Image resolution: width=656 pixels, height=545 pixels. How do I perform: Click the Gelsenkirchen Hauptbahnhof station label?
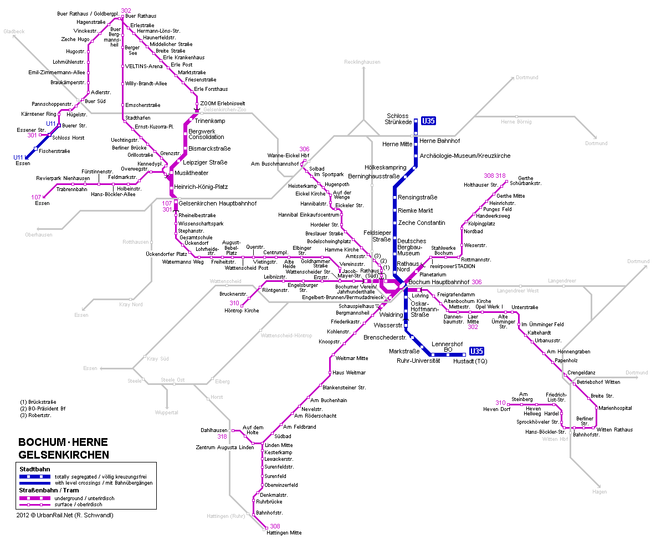[x=218, y=203]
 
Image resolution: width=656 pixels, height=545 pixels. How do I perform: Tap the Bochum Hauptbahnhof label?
[x=439, y=282]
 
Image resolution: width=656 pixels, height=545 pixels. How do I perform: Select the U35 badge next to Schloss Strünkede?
[x=428, y=121]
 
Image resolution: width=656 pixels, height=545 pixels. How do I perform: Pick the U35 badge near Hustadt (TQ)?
[x=476, y=351]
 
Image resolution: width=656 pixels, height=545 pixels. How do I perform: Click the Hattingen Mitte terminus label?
[x=284, y=533]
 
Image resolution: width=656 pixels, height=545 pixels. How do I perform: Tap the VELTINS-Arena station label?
[x=144, y=66]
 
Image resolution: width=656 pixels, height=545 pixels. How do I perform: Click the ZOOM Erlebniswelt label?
[x=222, y=104]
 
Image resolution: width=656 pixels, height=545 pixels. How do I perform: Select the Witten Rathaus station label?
[x=614, y=430]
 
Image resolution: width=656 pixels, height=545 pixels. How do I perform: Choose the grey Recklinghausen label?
[x=362, y=62]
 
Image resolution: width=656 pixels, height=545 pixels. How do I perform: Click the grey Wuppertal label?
[x=167, y=413]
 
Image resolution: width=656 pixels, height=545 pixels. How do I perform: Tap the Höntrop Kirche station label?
[x=242, y=311]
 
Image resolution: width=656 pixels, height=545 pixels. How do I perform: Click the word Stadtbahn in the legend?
[x=34, y=469]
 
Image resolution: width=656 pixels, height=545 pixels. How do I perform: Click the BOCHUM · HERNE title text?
[x=63, y=443]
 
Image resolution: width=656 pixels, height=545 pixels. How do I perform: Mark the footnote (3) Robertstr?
[x=35, y=415]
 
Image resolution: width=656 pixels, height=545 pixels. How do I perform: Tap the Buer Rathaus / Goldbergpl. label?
[x=88, y=13]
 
